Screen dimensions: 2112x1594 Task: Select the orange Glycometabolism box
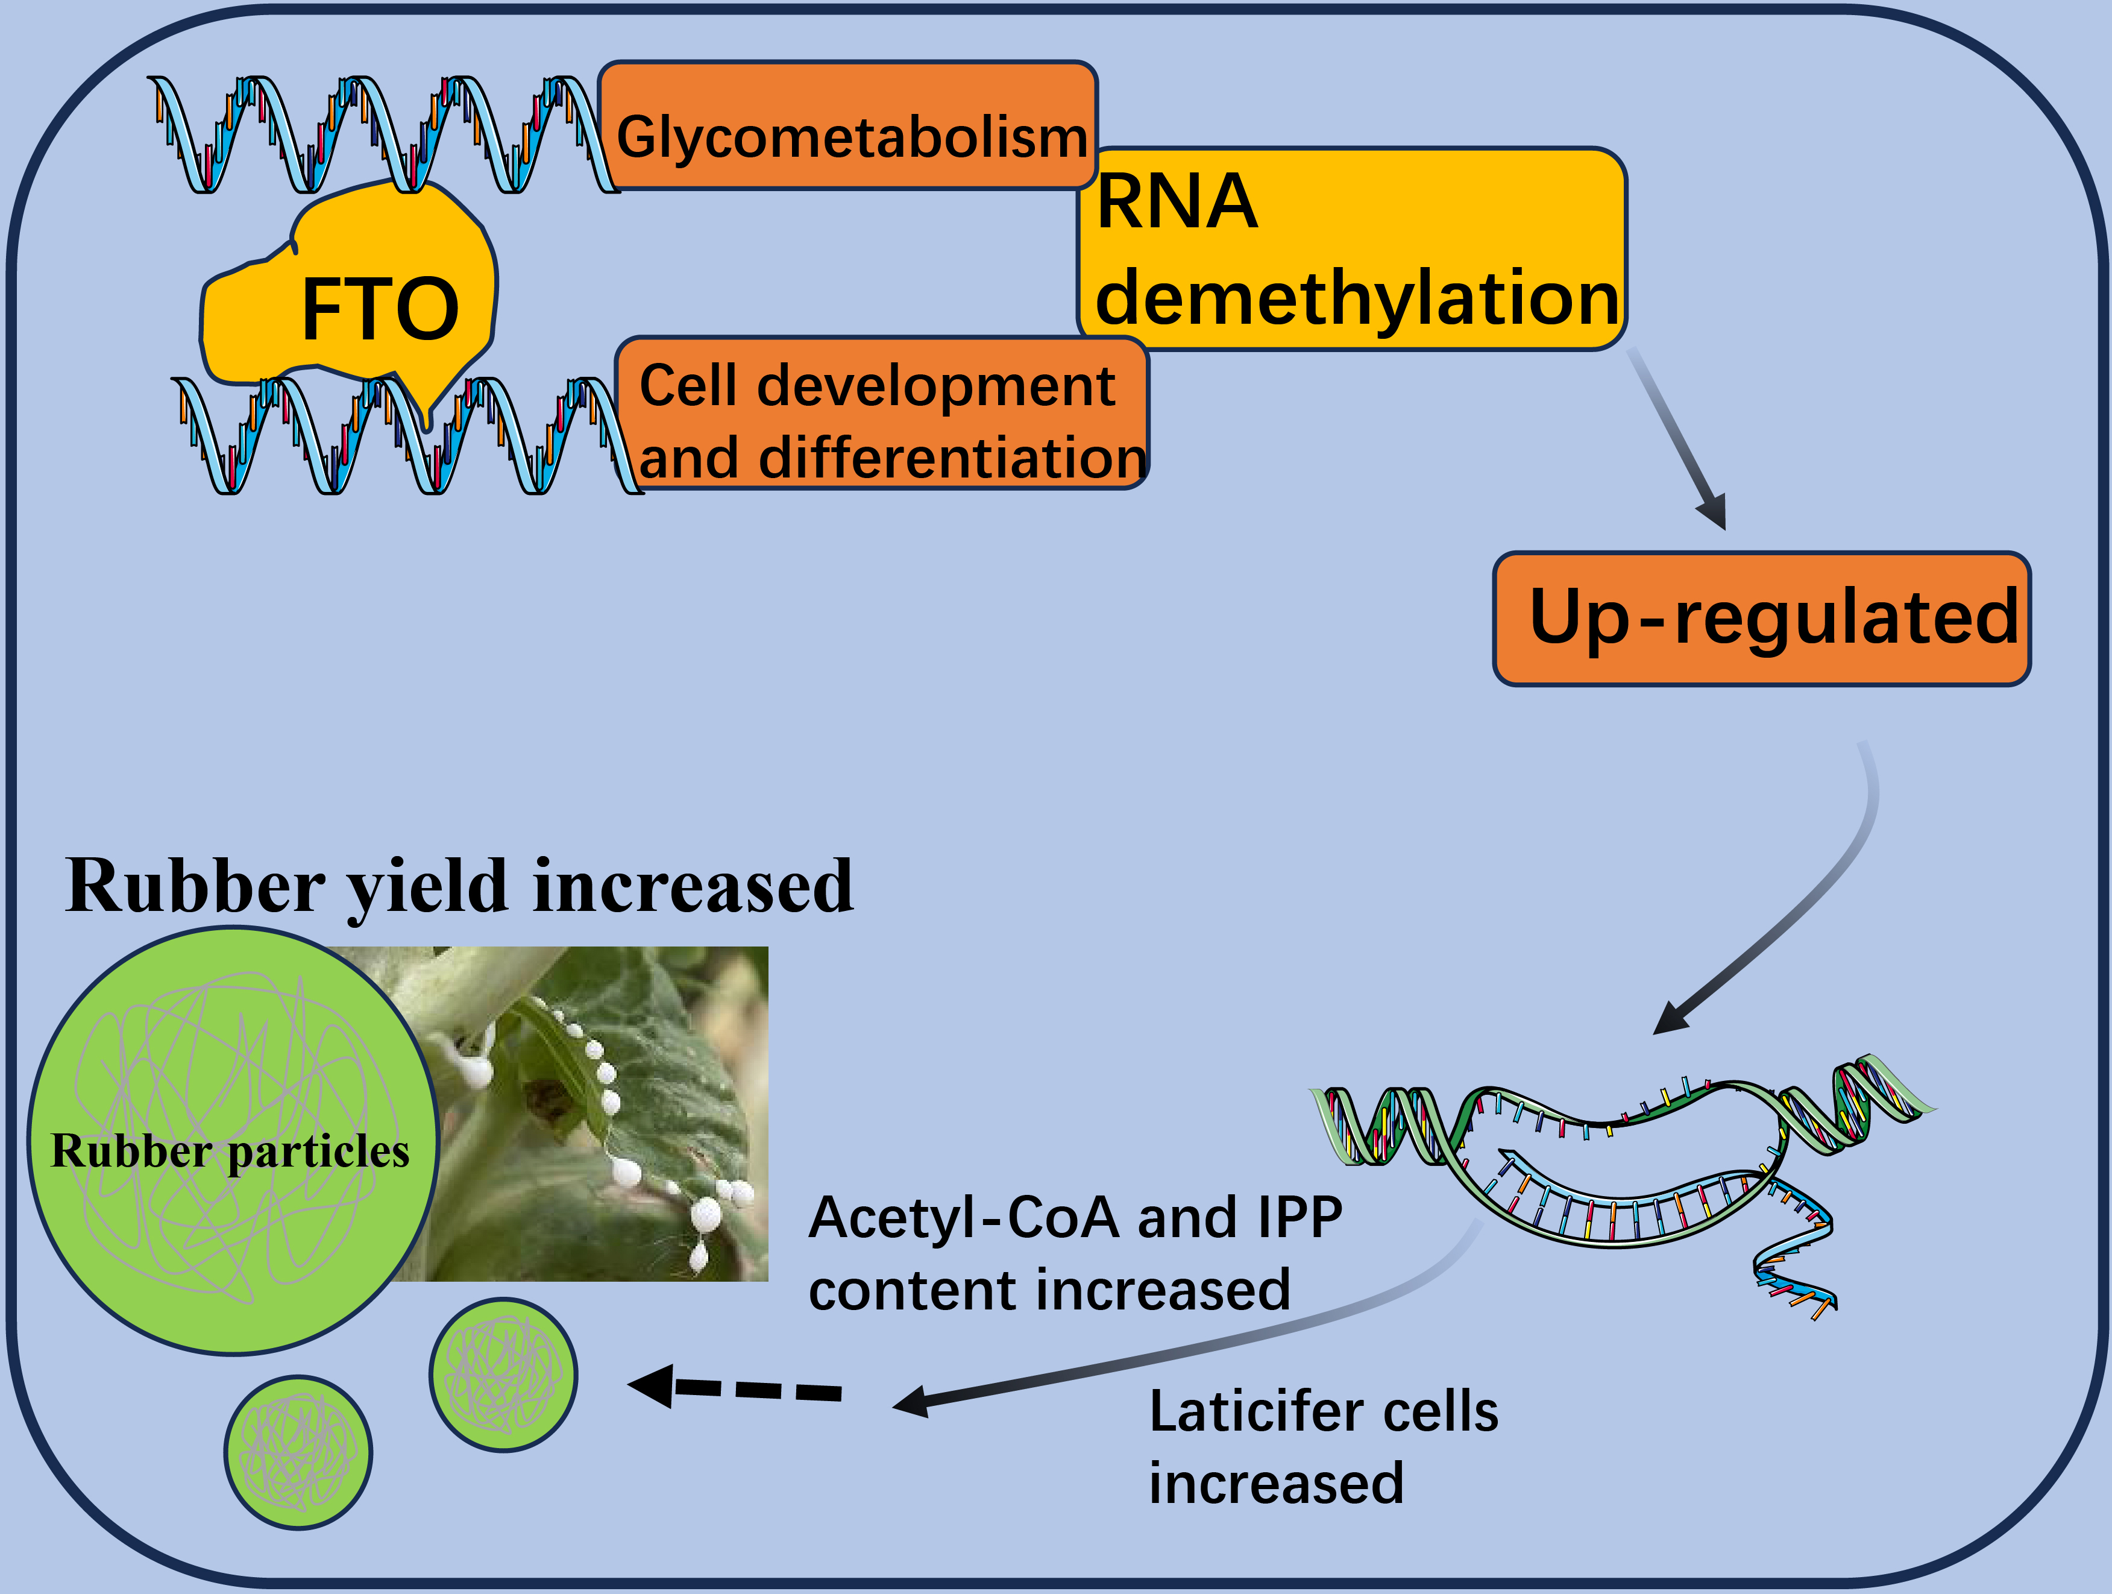coord(848,125)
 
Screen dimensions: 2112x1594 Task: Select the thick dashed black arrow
coord(734,1387)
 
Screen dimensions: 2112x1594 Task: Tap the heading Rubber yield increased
coord(459,886)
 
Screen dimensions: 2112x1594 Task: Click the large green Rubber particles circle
coord(232,1141)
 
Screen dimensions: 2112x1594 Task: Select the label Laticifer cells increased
coord(1324,1447)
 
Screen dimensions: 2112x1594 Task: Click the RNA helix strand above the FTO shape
coord(382,134)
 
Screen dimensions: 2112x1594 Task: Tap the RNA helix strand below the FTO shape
coord(406,435)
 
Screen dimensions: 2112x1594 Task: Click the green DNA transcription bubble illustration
coord(1623,1184)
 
